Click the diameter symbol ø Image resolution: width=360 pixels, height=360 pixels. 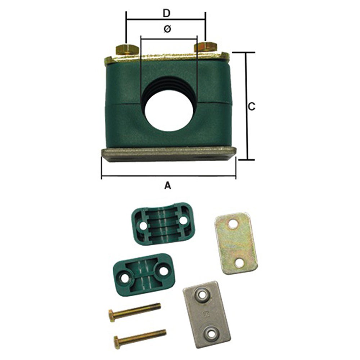tap(167, 29)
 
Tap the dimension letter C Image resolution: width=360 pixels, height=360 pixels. tap(252, 107)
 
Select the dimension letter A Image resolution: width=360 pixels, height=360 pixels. tap(168, 185)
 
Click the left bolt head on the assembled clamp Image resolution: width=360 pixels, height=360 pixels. tap(127, 50)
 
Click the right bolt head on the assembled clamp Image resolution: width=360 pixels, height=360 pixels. tap(206, 47)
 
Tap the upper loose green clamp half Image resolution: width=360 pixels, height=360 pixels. tap(163, 224)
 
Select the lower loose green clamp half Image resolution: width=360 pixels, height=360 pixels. tap(144, 274)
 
